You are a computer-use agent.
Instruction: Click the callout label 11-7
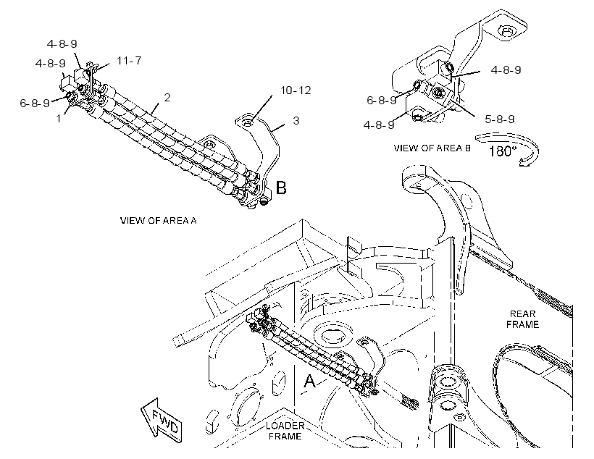point(129,60)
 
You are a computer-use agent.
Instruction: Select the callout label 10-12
point(296,90)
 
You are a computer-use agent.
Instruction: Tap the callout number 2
point(167,97)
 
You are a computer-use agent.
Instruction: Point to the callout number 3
point(296,120)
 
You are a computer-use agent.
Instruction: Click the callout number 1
point(59,119)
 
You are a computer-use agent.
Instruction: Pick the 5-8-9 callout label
point(500,119)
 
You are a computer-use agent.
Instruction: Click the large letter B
point(281,188)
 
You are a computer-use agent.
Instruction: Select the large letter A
point(309,381)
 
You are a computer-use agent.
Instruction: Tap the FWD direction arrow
point(161,420)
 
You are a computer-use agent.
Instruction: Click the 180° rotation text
point(503,151)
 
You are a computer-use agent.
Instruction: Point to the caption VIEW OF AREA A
point(159,220)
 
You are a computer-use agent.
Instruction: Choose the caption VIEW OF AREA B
point(432,148)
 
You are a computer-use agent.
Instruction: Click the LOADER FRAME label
point(285,431)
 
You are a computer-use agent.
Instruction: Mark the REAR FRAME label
point(522,319)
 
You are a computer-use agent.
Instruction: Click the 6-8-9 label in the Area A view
point(35,103)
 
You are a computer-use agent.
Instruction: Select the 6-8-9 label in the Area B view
point(382,100)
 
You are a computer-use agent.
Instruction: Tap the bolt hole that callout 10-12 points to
point(248,122)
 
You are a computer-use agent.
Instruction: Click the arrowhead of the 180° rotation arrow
point(524,163)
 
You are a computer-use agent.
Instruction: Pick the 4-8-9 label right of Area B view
point(506,70)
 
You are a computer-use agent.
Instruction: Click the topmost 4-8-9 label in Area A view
point(62,44)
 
